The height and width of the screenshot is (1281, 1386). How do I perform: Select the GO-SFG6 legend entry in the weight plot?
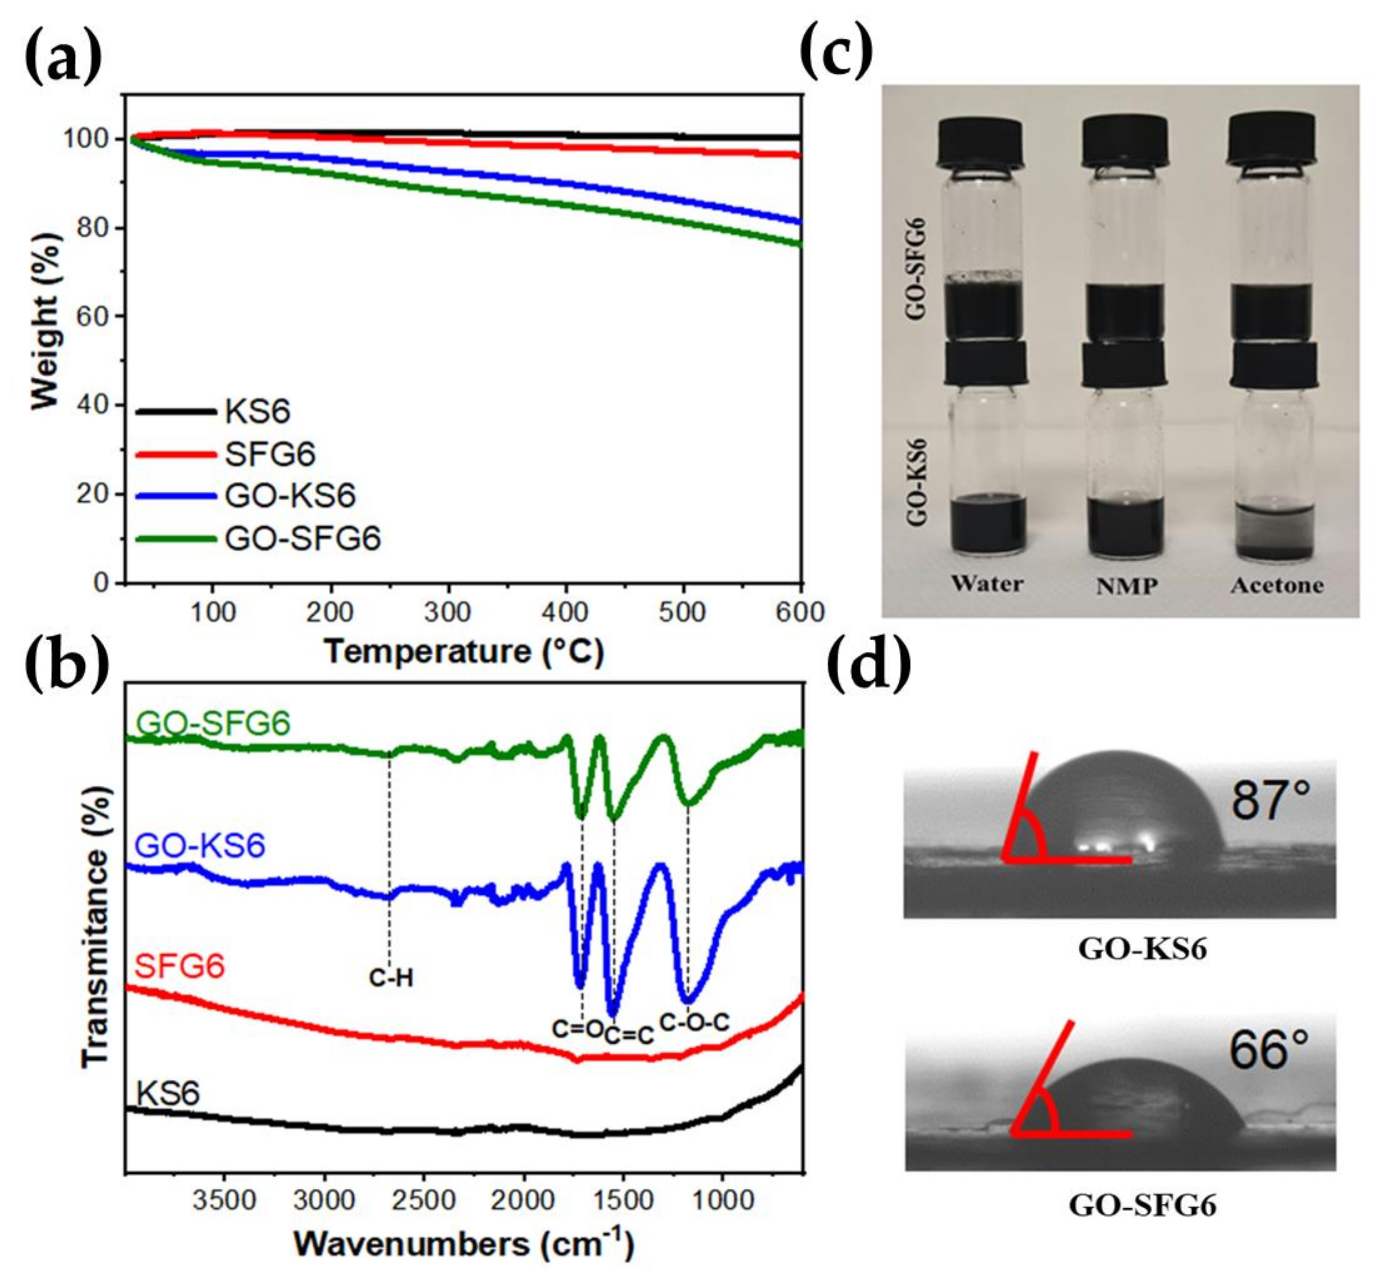click(x=303, y=538)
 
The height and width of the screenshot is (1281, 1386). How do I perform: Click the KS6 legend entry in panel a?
click(x=257, y=412)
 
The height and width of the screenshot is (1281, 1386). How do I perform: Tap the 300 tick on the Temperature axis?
click(x=448, y=611)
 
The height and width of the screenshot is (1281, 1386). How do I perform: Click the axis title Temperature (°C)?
click(x=464, y=652)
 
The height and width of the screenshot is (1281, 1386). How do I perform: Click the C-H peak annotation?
click(x=391, y=978)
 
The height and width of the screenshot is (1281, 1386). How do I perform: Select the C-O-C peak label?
click(x=695, y=1022)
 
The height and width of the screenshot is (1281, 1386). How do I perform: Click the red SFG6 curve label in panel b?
click(x=180, y=965)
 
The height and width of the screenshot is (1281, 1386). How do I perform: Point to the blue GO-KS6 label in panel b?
click(x=201, y=846)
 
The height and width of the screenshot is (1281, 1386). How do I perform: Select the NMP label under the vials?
click(x=1127, y=586)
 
